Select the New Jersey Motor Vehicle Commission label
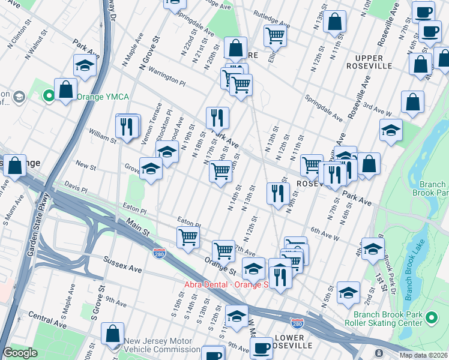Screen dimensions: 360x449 coord(162,345)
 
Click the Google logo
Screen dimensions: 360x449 coord(20,353)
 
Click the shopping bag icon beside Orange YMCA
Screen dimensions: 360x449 coord(65,90)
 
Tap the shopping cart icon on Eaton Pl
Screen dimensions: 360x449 coord(188,238)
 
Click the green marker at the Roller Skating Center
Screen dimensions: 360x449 coord(431,316)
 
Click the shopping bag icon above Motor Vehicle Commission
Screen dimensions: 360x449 coord(112,333)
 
